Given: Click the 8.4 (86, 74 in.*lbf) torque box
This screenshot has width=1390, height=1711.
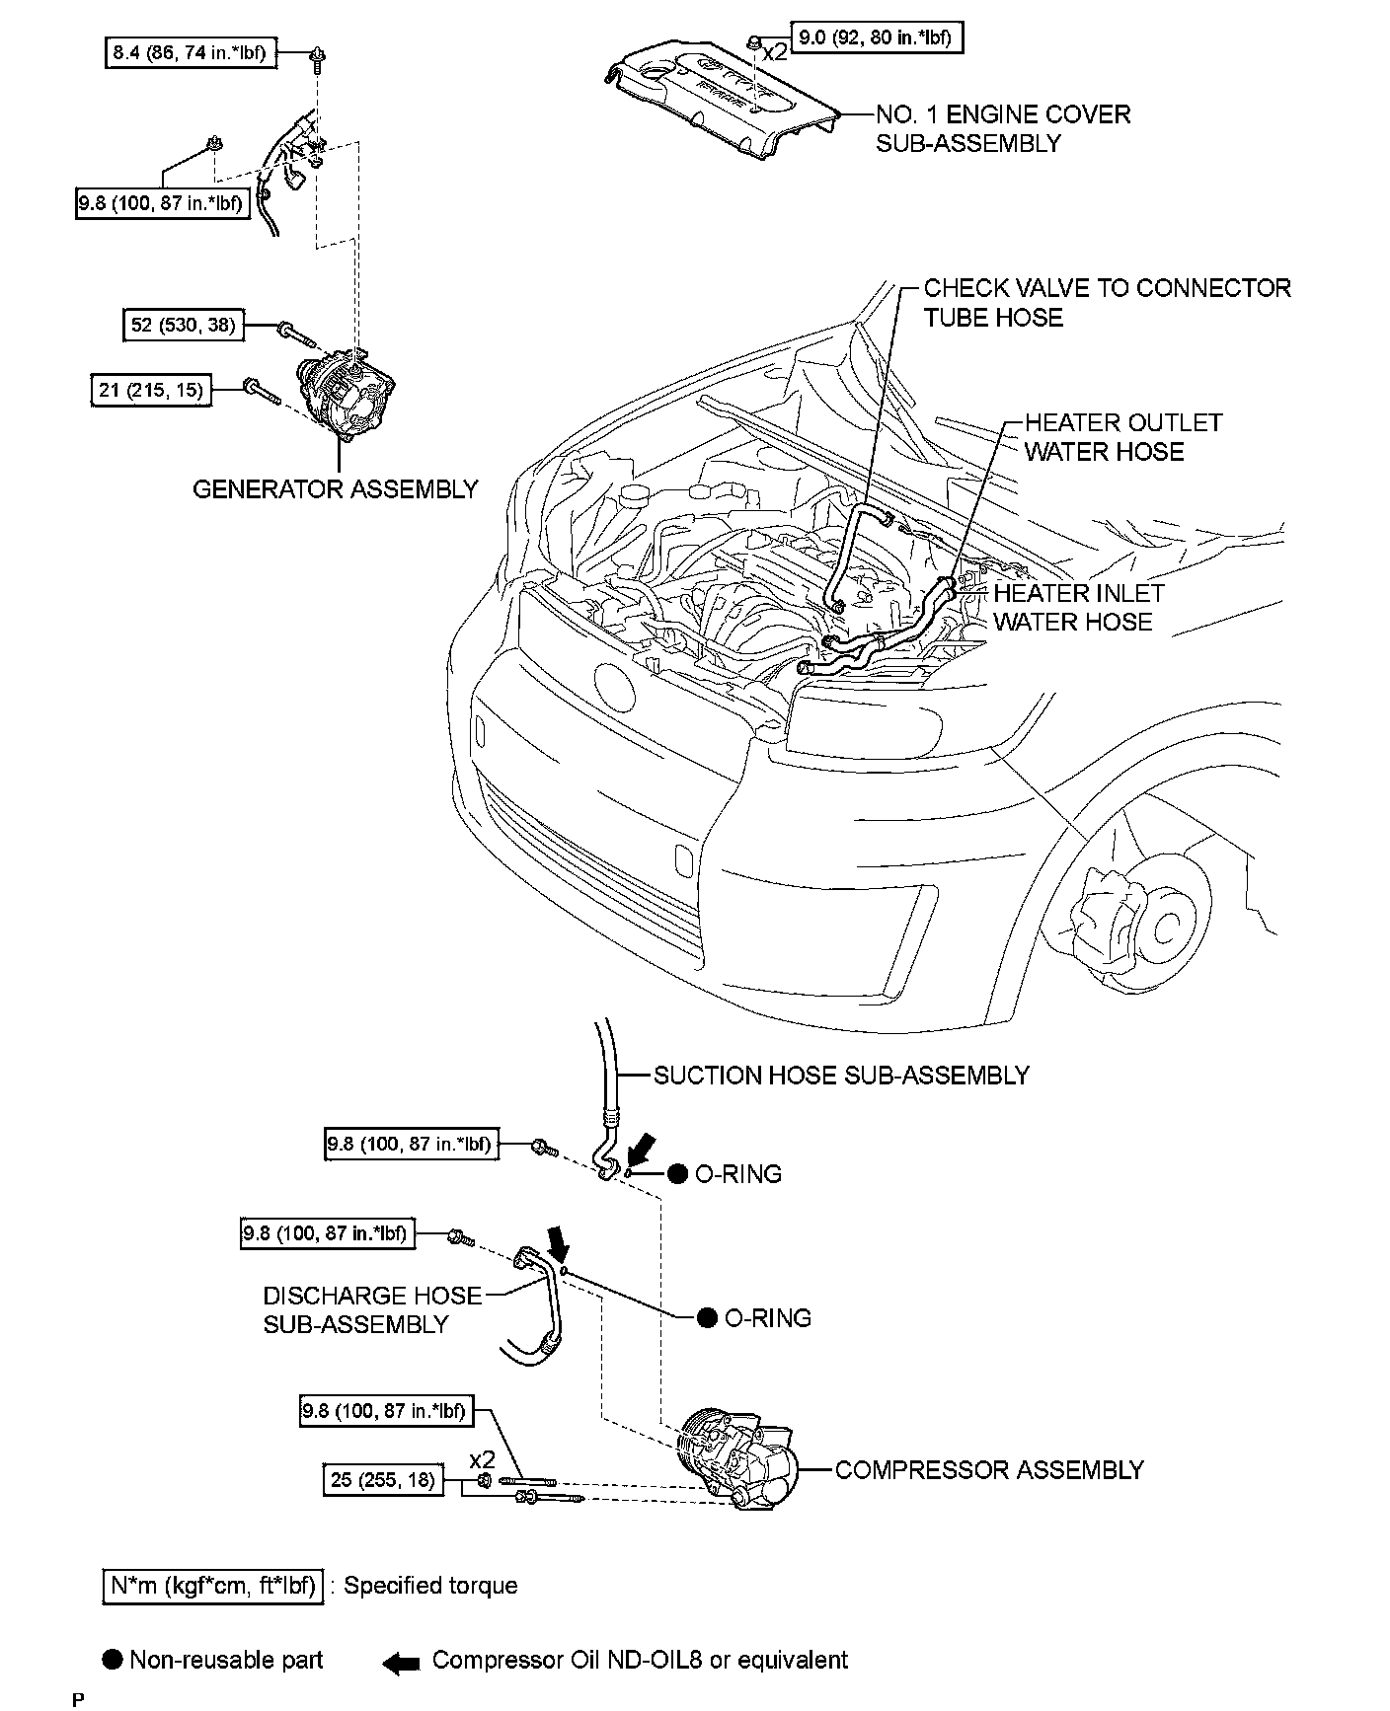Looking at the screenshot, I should coord(190,52).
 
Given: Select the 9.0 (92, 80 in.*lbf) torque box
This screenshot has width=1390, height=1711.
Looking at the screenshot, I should coord(876,38).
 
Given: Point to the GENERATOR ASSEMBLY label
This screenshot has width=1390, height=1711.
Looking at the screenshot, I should coord(335,489).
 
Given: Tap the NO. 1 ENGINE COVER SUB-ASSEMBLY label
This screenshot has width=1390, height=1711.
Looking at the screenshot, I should coord(1002,128).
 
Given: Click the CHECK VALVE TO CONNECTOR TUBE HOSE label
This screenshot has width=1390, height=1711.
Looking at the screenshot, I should coord(1106,303).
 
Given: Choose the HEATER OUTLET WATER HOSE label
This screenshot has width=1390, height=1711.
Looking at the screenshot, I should coord(1122,437).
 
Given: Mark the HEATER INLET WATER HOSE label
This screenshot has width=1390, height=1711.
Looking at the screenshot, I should coord(1078,607).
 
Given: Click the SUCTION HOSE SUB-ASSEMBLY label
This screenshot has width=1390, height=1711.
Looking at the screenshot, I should coord(841,1075).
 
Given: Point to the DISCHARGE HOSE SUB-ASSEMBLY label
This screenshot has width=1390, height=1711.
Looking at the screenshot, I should coord(372,1309).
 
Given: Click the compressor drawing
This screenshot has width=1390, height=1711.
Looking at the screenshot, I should coord(734,1463).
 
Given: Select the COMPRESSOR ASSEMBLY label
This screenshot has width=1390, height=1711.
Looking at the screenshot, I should coord(989,1469).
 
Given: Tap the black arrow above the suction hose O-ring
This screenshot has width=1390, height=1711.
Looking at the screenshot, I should coord(641,1149).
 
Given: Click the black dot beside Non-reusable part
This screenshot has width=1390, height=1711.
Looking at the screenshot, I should coord(114,1660).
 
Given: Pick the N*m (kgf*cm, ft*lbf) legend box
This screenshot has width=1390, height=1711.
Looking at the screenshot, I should coord(212,1586).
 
